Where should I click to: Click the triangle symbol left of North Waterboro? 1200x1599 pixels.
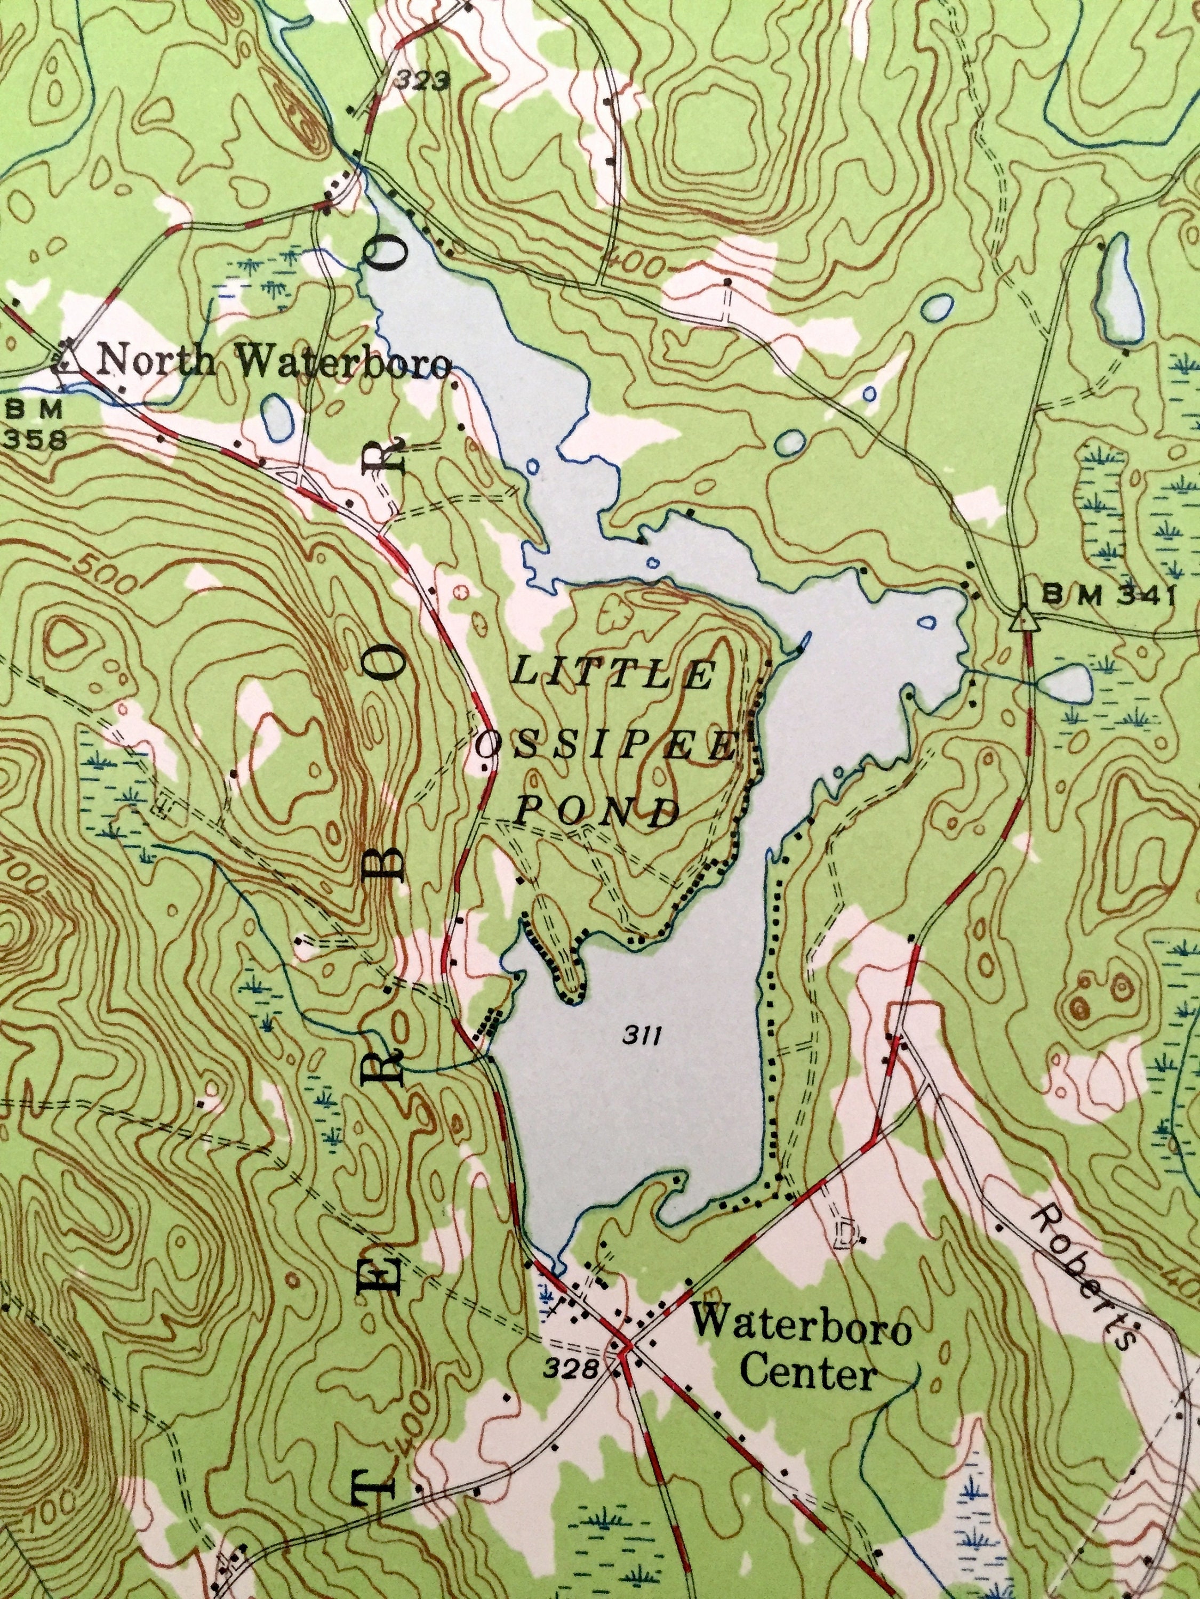[67, 357]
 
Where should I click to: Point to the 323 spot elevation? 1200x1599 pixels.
[422, 82]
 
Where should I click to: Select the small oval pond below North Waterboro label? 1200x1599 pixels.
[278, 417]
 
